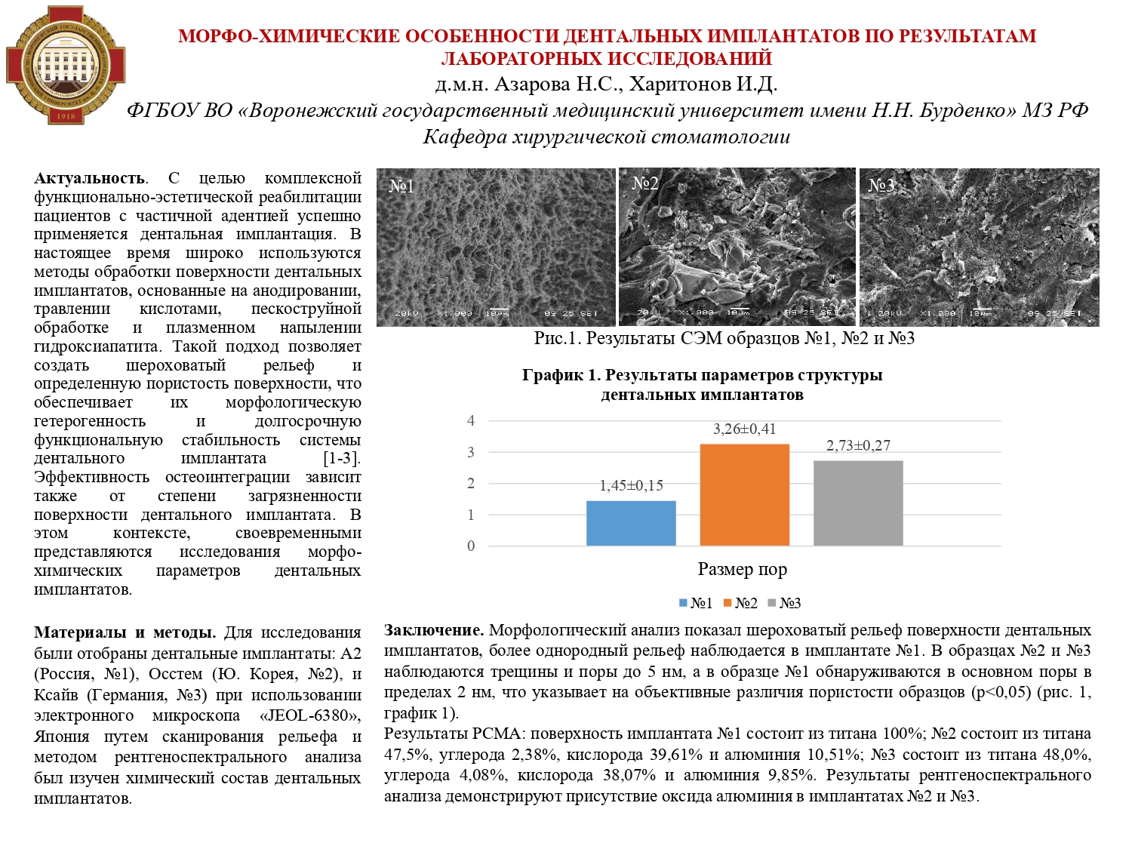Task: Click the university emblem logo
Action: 66,66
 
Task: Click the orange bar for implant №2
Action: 744,494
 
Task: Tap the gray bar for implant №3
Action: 858,503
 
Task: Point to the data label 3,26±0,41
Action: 744,429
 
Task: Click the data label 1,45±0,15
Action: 631,486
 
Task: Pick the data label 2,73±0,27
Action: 858,446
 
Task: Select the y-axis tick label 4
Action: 471,421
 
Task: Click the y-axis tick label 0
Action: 471,546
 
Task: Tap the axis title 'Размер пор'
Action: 742,570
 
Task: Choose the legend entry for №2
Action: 740,603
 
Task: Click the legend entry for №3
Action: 784,603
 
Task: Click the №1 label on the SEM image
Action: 401,186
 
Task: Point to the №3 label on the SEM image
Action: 881,186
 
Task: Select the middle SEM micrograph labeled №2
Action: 737,247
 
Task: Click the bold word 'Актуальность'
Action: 90,179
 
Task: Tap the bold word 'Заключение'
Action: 433,630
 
